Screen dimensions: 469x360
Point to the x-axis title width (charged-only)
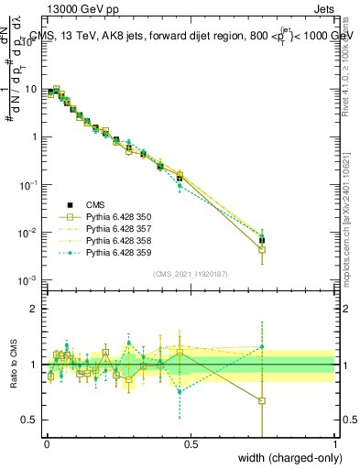tap(283, 458)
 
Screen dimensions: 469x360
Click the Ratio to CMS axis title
tap(13, 365)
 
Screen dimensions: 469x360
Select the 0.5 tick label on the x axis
tap(191, 444)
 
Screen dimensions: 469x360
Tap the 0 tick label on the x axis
tap(47, 444)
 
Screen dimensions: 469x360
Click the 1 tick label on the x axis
tap(334, 444)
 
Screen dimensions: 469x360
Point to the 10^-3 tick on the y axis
tap(29, 279)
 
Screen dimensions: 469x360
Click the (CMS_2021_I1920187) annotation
tap(191, 273)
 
